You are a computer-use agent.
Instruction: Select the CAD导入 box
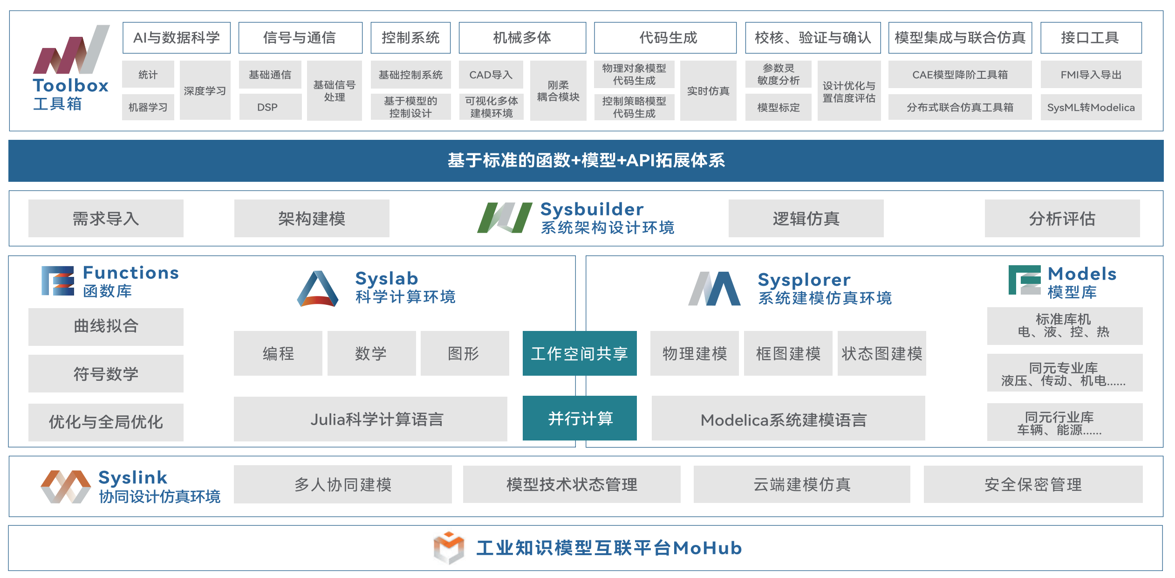pos(491,75)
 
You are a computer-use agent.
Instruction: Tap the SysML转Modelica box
pos(1091,107)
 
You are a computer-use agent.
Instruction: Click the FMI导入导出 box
pos(1091,75)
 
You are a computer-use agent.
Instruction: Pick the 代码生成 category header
pos(665,38)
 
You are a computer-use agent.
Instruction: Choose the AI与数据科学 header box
pos(176,38)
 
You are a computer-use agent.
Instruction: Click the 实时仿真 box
pos(708,91)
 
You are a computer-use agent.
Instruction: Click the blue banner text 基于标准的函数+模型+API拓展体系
pos(586,161)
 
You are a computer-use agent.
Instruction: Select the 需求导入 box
pos(106,218)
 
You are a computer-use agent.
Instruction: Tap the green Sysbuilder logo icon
pos(504,217)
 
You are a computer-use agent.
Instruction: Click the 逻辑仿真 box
pos(806,218)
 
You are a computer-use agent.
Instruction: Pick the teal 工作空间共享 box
pos(579,353)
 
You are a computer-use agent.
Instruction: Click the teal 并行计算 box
pos(579,418)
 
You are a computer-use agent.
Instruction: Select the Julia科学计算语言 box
pos(370,419)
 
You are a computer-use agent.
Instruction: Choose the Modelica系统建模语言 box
pos(788,419)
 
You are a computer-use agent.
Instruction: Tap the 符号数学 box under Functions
pos(106,373)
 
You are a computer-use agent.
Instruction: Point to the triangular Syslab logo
pos(318,289)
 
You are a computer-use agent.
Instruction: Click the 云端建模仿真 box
pos(801,484)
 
